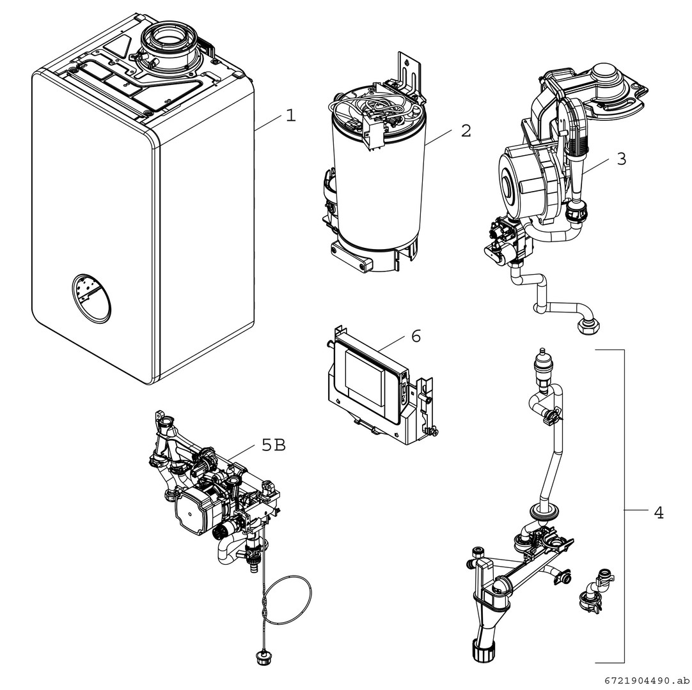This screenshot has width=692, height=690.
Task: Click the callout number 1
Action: point(291,116)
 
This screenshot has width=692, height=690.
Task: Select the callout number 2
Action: point(466,131)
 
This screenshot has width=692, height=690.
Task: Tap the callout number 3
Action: point(622,159)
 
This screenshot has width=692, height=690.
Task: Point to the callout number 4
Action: point(658,512)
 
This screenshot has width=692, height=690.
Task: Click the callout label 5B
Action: point(274,445)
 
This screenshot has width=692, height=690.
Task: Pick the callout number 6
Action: point(416,336)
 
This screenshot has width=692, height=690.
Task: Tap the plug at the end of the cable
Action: point(262,657)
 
